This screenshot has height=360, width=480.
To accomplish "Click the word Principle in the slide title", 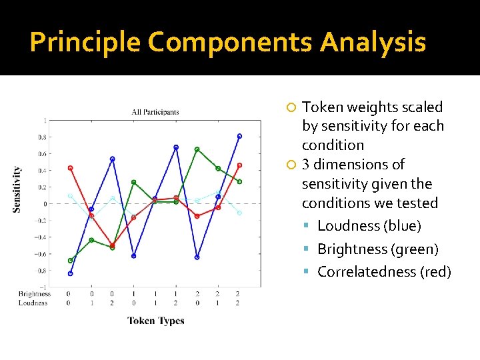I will (x=85, y=43).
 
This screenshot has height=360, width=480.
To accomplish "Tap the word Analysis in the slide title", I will (x=373, y=43).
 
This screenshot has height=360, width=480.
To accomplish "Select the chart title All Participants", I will (x=155, y=112).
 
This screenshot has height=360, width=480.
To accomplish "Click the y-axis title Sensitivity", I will (x=17, y=189).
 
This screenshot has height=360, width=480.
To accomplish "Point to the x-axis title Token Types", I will (x=155, y=321).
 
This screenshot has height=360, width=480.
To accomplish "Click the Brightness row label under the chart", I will (x=35, y=294).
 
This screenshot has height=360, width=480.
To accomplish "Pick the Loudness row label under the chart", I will (x=33, y=303).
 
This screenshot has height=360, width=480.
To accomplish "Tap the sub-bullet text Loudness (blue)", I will (x=369, y=226).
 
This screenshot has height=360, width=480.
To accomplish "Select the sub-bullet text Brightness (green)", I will (x=378, y=249).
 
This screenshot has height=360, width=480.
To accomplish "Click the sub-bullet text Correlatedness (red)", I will (x=384, y=272).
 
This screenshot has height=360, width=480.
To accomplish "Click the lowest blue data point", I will (x=70, y=273).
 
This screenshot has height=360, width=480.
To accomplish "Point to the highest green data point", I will (x=197, y=149).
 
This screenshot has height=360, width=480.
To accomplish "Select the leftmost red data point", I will (x=70, y=168).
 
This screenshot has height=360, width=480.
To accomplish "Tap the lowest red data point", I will (x=112, y=245).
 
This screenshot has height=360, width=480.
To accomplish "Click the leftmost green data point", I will (x=70, y=261).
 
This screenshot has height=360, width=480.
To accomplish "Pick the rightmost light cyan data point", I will (x=239, y=213).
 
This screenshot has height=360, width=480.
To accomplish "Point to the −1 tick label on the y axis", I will (x=43, y=287).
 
